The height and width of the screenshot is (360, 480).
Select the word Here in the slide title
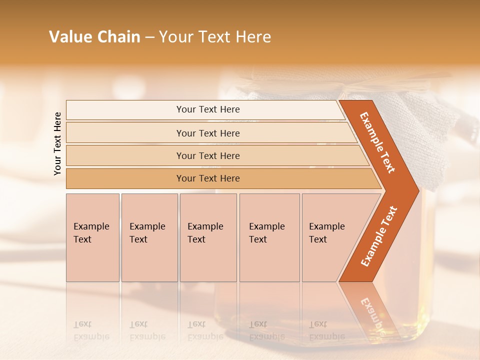coord(253,37)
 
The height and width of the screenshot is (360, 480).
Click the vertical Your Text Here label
coord(57,143)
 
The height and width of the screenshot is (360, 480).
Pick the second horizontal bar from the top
coord(208,133)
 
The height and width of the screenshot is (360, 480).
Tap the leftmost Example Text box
coord(92,237)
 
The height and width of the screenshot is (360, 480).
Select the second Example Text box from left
coord(149,237)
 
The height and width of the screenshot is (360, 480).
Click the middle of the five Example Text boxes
coord(208,237)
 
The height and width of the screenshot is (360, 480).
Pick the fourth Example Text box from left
coord(269,237)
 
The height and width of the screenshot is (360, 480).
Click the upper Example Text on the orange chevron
coord(377,142)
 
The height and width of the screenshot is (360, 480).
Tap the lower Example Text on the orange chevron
coord(378,236)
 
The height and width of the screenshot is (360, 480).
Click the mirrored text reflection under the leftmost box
coord(91,331)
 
